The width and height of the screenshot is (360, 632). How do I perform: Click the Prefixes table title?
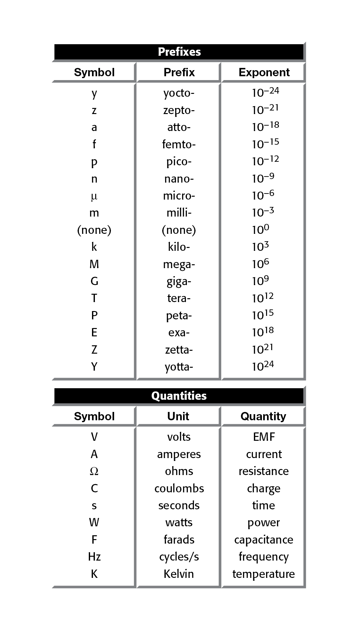point(179,52)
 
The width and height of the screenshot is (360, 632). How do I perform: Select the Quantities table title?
point(179,396)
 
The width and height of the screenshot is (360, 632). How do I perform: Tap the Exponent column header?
point(264,72)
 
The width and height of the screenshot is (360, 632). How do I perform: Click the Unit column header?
point(178,416)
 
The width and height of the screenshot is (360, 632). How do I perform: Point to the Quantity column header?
point(263,416)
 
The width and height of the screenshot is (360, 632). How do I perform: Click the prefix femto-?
point(179,144)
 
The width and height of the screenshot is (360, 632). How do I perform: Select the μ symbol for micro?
point(94,196)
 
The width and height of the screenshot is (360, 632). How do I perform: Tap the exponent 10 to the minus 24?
point(265,92)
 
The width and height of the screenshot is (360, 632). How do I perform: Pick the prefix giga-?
point(179,282)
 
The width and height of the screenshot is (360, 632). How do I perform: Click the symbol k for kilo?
point(94,247)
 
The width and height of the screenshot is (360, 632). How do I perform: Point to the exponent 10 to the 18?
point(263,332)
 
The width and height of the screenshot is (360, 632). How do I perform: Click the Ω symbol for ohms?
point(94,471)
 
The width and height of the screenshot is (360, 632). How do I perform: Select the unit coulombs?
point(179,488)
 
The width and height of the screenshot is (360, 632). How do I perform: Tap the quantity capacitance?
point(264,540)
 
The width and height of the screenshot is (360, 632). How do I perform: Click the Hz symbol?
point(94,557)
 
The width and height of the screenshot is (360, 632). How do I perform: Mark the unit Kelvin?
point(179,574)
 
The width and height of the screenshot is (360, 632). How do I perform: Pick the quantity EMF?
point(264,437)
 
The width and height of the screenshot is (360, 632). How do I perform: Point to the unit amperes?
point(179,454)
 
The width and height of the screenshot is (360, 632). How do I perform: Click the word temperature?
point(264,574)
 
